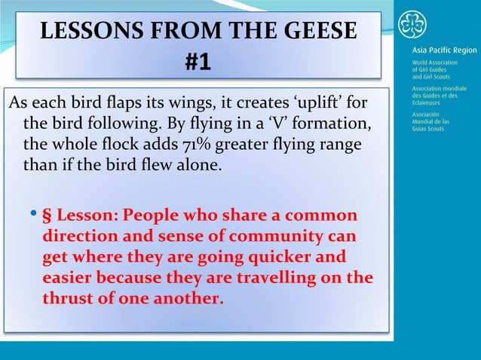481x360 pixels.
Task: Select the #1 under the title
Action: point(198,63)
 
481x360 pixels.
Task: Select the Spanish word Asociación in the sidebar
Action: point(427,114)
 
